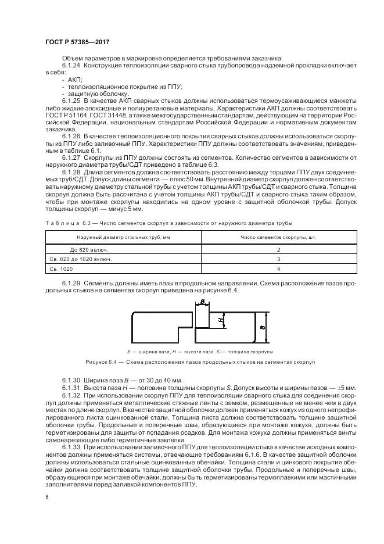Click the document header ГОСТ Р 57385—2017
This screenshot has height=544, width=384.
[x=77, y=42]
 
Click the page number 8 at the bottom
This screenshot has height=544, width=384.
[x=46, y=497]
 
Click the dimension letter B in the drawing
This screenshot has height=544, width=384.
[x=202, y=302]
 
